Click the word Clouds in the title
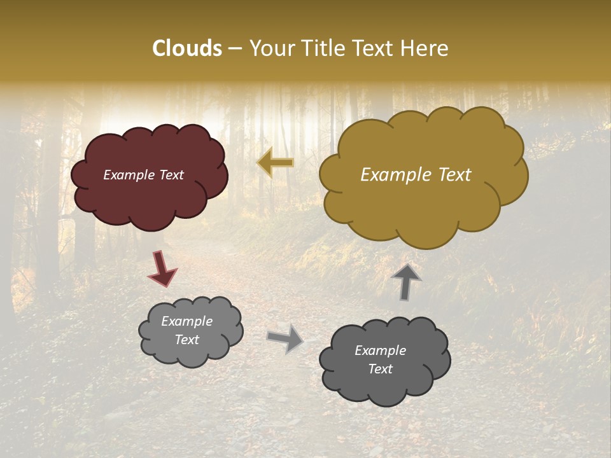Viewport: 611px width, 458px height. click(186, 48)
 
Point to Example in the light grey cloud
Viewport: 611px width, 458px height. click(187, 321)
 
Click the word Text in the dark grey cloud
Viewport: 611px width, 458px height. click(381, 369)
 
